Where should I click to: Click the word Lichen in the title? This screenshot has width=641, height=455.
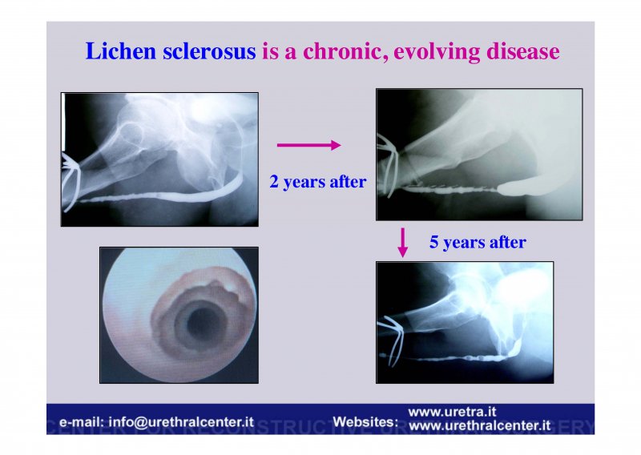coord(121,51)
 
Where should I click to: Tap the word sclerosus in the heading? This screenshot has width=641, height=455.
coord(209,51)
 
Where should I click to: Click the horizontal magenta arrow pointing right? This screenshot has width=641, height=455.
coord(308,145)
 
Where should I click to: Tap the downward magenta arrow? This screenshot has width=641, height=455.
coord(403,243)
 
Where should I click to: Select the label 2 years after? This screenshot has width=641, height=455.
coord(317,182)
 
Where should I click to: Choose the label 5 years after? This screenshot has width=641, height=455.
coord(478,242)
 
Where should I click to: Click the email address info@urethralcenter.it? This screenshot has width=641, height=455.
coord(181,422)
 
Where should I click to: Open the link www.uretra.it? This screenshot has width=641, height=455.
coord(452,411)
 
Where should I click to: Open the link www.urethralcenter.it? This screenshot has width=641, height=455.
coord(479,425)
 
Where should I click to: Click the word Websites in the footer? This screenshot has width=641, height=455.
coord(365,421)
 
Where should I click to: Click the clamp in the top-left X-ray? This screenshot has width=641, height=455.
coord(71,181)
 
